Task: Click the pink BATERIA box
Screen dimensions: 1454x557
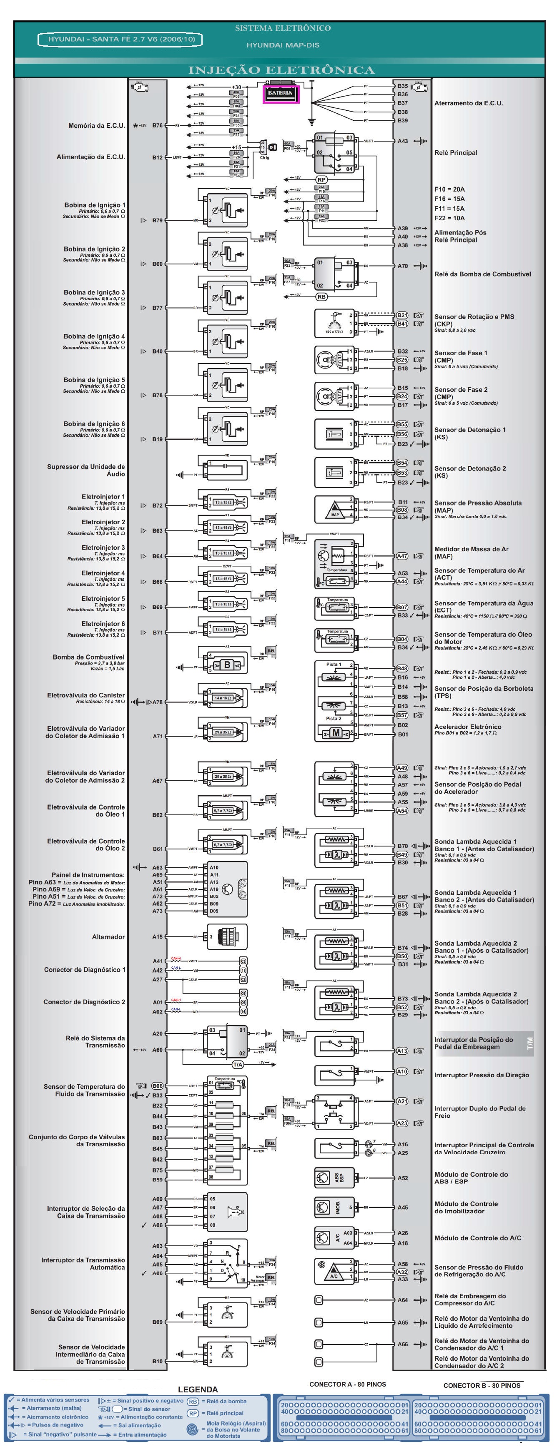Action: (280, 93)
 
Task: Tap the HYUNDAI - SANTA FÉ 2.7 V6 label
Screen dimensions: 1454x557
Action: (121, 40)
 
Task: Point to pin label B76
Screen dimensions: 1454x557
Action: (157, 126)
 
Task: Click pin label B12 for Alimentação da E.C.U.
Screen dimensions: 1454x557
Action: (157, 157)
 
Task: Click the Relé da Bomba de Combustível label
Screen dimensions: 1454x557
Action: (482, 274)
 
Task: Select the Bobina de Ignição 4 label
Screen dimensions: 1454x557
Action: (94, 336)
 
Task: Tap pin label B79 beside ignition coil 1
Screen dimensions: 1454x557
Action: (157, 221)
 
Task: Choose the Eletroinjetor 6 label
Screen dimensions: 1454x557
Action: (103, 624)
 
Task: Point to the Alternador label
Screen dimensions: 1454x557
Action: (108, 937)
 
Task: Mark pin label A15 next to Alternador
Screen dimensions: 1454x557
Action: (157, 937)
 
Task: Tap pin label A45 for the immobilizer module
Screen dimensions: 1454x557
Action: (403, 1208)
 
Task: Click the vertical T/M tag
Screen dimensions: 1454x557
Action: (529, 1043)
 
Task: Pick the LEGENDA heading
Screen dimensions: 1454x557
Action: (198, 1389)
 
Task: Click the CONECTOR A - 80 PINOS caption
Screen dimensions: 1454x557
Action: (347, 1384)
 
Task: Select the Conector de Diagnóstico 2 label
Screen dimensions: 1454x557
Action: (84, 1002)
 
